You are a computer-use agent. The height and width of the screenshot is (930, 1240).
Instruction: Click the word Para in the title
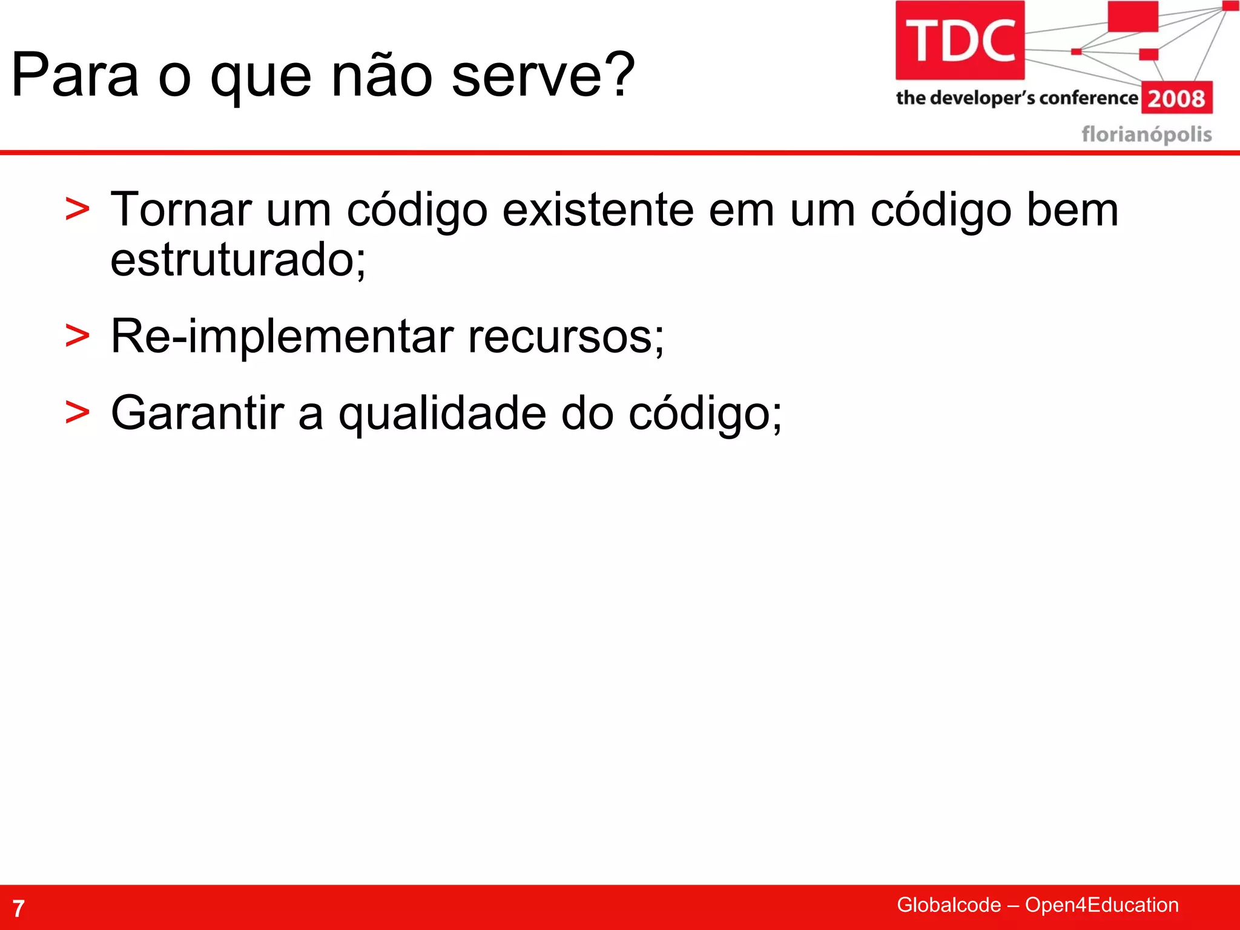point(75,76)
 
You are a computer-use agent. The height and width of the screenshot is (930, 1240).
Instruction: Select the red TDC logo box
point(960,40)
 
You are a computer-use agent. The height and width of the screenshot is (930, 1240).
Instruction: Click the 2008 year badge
point(1176,98)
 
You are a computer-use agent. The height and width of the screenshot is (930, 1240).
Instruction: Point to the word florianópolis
point(1147,134)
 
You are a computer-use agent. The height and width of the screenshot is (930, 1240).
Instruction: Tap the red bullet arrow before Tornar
point(77,210)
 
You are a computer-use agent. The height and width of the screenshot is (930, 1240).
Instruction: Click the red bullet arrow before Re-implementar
point(77,337)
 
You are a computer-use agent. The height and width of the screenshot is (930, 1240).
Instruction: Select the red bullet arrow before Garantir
point(77,414)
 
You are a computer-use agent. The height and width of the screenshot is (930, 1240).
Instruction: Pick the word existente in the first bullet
point(598,210)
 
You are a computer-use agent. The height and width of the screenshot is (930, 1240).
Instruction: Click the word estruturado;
point(238,260)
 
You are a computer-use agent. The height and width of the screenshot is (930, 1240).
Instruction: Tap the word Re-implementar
point(282,337)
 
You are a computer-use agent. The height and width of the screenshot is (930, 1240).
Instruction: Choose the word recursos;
point(566,337)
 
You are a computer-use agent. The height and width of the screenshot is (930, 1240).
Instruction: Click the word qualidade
point(443,414)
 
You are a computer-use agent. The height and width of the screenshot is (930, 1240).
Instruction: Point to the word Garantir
point(197,414)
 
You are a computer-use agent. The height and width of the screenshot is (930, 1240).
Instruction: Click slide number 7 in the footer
point(19,908)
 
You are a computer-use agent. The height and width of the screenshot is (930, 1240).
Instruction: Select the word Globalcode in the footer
point(948,905)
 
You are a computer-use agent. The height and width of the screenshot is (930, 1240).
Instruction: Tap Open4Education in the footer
point(1101,905)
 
